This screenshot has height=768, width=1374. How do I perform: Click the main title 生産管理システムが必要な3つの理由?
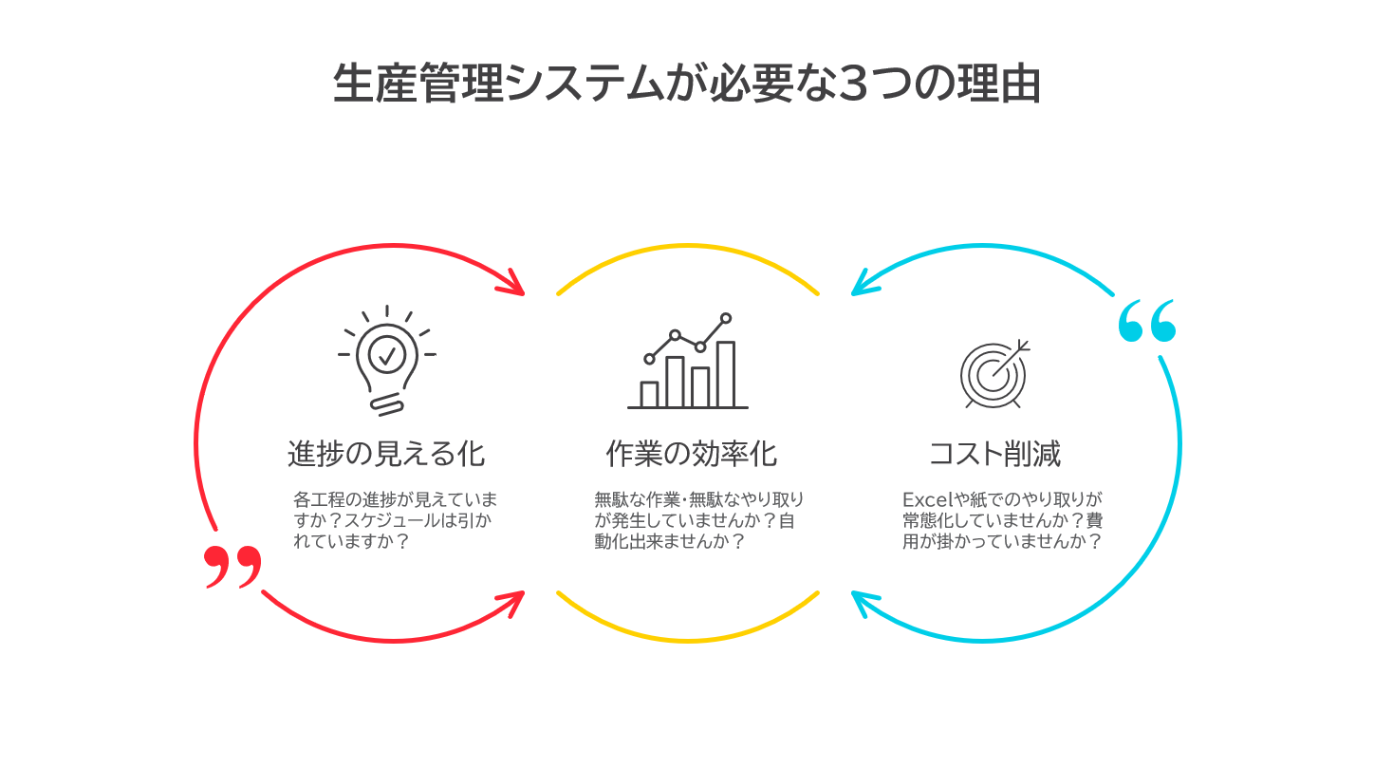[686, 84]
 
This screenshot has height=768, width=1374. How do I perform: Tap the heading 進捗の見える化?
[386, 455]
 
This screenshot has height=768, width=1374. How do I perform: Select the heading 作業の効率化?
[692, 455]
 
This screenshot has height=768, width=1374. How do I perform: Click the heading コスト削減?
[995, 455]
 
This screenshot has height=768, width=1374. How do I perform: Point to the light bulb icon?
[387, 361]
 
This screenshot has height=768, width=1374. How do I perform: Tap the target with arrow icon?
[995, 374]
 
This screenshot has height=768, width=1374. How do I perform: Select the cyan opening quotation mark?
[1146, 321]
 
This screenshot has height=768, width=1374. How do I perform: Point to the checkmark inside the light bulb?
[387, 355]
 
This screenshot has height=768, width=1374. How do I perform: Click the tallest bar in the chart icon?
[726, 374]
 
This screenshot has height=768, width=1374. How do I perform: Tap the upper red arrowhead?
[514, 284]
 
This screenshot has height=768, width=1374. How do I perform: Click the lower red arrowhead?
[514, 604]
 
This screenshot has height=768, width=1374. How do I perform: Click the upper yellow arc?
[688, 247]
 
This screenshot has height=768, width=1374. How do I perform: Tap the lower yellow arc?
[688, 640]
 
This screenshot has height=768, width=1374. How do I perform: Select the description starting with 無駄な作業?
[698, 520]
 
